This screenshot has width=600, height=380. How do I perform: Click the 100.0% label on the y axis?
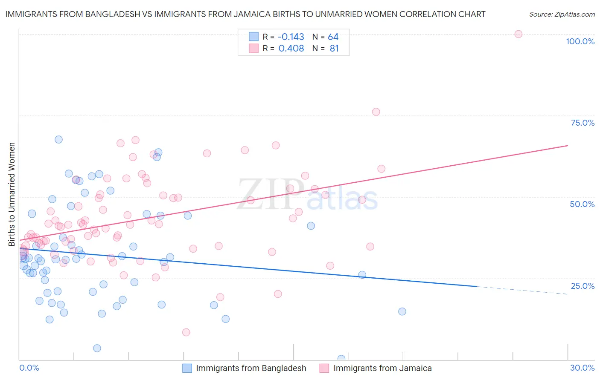click(580, 41)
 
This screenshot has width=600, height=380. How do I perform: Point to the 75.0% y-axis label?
click(583, 123)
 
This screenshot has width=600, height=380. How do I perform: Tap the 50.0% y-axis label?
click(582, 204)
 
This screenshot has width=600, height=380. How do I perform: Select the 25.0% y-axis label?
click(583, 286)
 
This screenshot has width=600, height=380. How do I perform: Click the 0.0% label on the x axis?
click(29, 368)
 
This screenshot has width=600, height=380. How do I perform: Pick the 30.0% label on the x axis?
click(582, 368)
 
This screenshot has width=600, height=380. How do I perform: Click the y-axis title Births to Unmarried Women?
click(12, 194)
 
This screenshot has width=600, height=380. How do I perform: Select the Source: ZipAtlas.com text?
click(562, 14)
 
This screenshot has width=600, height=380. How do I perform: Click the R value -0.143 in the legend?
click(291, 37)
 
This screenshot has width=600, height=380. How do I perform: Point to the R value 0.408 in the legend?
click(291, 48)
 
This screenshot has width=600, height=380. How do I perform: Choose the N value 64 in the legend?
click(333, 37)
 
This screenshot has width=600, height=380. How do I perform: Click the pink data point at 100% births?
click(518, 34)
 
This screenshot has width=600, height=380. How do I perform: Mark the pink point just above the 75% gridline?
click(376, 112)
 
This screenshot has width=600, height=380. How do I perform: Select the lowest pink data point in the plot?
click(186, 332)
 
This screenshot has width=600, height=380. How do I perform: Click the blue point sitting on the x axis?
click(341, 359)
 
